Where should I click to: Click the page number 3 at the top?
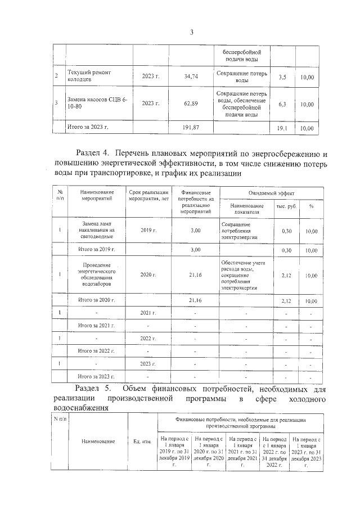tap(191, 32)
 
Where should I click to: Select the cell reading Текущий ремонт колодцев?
tap(90, 76)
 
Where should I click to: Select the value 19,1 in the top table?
tap(282, 128)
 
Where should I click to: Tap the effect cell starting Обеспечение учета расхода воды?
tap(242, 275)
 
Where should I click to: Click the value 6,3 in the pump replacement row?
tap(282, 104)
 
